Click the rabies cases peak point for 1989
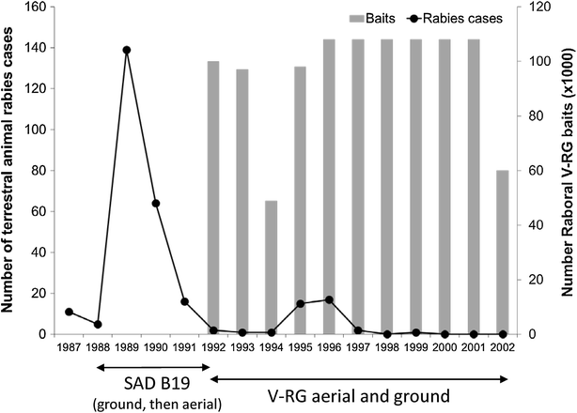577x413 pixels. click(127, 50)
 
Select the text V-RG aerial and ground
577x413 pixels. click(358, 393)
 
